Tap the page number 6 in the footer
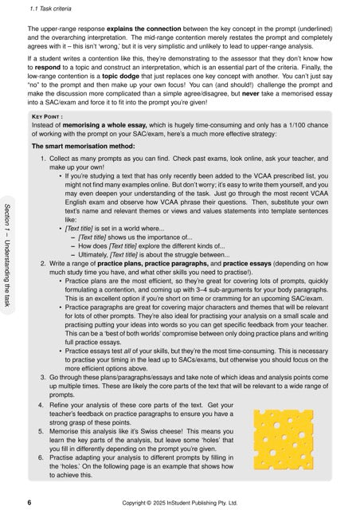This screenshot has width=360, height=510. click(29, 503)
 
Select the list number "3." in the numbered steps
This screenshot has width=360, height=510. click(44, 374)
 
